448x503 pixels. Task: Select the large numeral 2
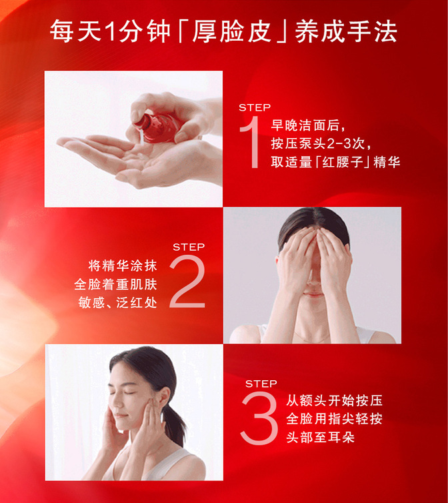click(x=187, y=282)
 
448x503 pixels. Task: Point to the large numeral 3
click(x=259, y=418)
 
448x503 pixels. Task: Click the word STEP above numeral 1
click(x=255, y=107)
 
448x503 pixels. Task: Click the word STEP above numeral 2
click(x=189, y=247)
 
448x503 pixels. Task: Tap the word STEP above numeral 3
click(x=261, y=384)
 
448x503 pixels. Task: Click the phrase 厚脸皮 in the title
click(x=232, y=32)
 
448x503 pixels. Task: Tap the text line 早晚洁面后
click(x=305, y=125)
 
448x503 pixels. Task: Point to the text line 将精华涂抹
click(x=123, y=266)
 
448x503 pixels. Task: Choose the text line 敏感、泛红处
click(x=118, y=302)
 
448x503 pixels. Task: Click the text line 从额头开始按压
click(x=335, y=401)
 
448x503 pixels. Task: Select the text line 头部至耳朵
click(x=321, y=437)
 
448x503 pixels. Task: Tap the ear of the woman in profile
click(x=165, y=397)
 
